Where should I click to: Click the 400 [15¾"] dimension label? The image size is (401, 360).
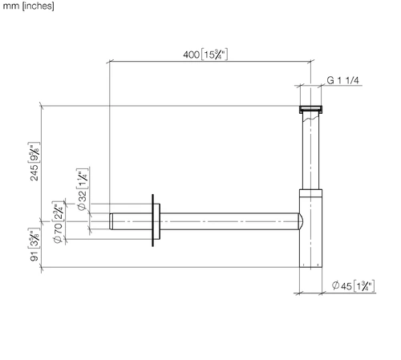pyautogui.click(x=205, y=55)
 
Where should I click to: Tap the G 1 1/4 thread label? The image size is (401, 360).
pyautogui.click(x=342, y=80)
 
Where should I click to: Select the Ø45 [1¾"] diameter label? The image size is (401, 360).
pyautogui.click(x=353, y=285)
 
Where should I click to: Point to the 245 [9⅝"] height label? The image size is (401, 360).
pyautogui.click(x=34, y=161)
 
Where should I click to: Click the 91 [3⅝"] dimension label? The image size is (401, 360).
pyautogui.click(x=34, y=245)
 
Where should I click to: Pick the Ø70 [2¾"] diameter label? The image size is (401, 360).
pyautogui.click(x=58, y=222)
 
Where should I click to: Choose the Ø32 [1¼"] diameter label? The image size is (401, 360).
pyautogui.click(x=83, y=189)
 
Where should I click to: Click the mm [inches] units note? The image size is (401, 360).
pyautogui.click(x=28, y=6)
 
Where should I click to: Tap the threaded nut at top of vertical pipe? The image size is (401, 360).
pyautogui.click(x=310, y=109)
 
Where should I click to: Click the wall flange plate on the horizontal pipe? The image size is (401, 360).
pyautogui.click(x=153, y=220)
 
